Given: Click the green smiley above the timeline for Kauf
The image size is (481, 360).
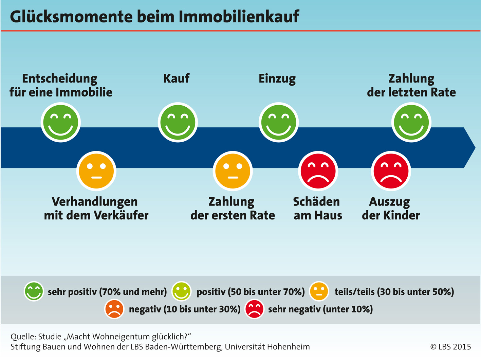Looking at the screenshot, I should coord(178,122).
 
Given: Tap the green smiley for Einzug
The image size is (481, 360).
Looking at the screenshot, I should coord(278,122).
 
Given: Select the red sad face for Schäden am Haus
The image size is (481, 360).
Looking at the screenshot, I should coord(318,171).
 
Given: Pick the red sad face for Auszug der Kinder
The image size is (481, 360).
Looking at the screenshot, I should coord(391,171).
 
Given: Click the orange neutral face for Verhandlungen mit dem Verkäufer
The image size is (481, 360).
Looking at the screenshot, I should coord(96,171).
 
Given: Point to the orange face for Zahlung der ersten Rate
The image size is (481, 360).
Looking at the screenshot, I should coord(233,171).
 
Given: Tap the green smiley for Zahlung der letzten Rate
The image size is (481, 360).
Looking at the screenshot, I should coord(411,122).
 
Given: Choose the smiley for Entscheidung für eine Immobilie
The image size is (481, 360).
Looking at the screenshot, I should coord(61,122).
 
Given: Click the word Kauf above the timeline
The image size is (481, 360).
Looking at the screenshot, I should coord(176,78).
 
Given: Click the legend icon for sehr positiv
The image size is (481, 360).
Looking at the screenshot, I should coord(34,291).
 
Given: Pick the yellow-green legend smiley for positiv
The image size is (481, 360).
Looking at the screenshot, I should coord(181,291).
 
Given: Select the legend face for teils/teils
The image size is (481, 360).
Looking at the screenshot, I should coord(319,291).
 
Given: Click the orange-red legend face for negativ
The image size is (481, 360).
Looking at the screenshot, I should coord(114,309).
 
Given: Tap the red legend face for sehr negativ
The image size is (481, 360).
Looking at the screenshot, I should coord(254,309).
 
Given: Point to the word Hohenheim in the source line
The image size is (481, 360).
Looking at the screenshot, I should coord(288,347).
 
